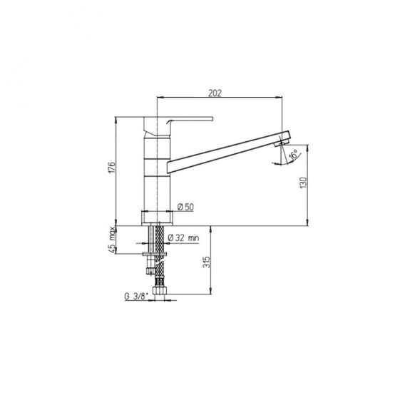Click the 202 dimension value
215,93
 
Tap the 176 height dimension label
111,167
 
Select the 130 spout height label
304,183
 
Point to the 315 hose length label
207,262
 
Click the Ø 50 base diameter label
185,207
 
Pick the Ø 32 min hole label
183,237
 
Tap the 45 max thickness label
112,240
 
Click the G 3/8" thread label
136,296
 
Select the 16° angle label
293,155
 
